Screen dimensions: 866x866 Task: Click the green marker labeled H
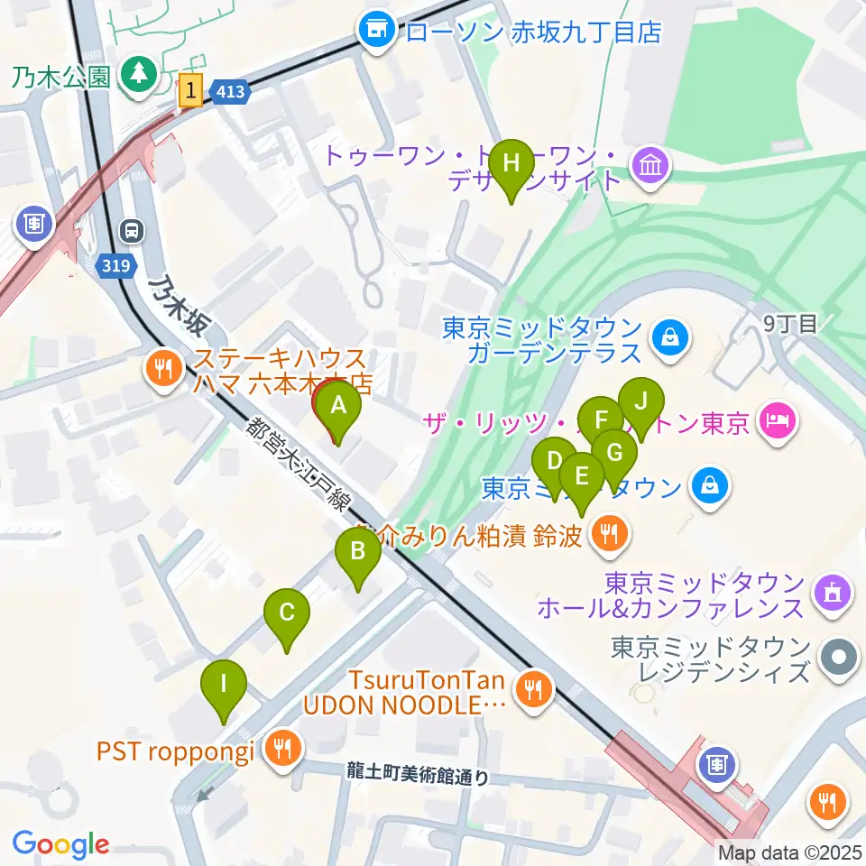point(511,164)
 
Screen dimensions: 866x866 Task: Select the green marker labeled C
point(287,613)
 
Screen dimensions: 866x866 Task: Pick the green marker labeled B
point(357,551)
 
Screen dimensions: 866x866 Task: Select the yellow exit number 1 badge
point(190,91)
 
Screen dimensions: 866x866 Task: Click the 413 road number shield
point(230,91)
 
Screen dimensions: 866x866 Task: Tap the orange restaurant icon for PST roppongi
point(283,748)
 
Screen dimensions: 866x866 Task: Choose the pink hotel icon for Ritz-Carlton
point(776,419)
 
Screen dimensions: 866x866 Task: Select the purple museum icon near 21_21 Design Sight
point(650,164)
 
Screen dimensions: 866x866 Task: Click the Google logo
point(60,844)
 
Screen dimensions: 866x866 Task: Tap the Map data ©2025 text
point(790,852)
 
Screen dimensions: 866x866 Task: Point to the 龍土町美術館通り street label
point(418,773)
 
